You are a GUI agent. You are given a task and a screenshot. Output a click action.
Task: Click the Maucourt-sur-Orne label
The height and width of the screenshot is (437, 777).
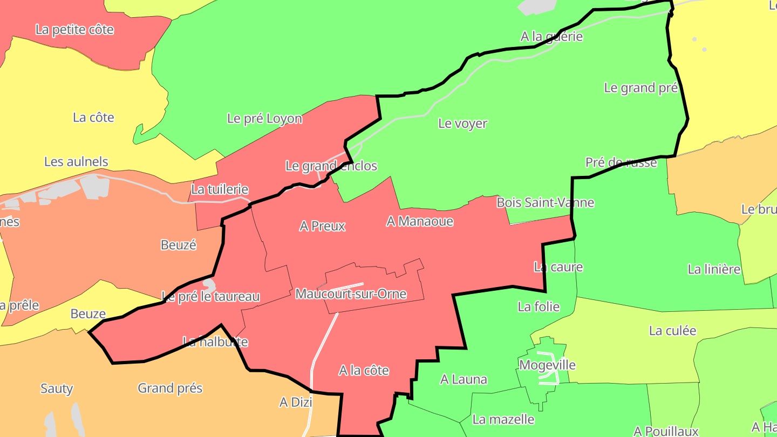(x=351, y=294)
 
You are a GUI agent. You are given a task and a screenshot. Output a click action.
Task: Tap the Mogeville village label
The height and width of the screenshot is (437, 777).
(x=547, y=365)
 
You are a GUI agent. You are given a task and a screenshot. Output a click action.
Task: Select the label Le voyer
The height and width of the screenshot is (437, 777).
(x=462, y=124)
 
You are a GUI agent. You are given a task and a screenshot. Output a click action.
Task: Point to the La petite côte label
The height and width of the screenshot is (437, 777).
(x=74, y=30)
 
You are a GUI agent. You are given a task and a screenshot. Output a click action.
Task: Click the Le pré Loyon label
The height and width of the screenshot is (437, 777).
(x=264, y=119)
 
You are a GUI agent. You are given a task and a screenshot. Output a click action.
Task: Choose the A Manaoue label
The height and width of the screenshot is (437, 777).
(x=420, y=221)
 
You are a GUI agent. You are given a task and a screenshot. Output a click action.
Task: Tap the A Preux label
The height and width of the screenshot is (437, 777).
(x=322, y=226)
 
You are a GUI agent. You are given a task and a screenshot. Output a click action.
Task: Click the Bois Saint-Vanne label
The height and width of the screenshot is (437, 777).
(x=545, y=203)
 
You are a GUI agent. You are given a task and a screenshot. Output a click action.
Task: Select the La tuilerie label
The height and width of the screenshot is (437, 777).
(x=220, y=189)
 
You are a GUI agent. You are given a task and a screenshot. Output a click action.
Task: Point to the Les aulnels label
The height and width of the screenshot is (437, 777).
(x=76, y=162)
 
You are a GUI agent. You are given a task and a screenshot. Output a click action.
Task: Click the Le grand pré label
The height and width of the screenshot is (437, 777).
(x=640, y=88)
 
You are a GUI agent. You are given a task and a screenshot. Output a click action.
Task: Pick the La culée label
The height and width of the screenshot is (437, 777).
(x=672, y=331)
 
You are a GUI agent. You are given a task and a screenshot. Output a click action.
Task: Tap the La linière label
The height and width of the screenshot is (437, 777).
(x=714, y=269)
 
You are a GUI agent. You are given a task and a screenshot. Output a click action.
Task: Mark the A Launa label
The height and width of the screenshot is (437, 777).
(x=464, y=380)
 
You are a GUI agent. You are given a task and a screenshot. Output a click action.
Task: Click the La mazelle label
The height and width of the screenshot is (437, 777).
(x=503, y=419)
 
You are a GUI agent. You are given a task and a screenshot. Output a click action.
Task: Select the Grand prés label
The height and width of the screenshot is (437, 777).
(x=170, y=388)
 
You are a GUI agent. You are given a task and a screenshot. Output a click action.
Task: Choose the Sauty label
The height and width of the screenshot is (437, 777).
(x=57, y=388)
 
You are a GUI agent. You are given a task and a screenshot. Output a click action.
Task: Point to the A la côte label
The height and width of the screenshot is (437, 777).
(x=364, y=371)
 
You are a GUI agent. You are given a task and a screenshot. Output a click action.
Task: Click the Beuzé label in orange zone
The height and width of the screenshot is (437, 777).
(x=179, y=245)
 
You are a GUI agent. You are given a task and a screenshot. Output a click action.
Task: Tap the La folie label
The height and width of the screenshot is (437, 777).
(x=539, y=307)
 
